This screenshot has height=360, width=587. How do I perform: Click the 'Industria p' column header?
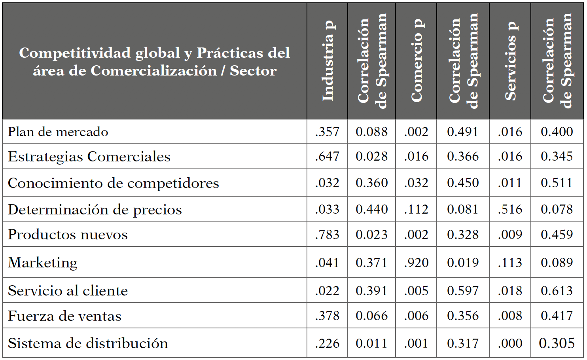(x=328, y=61)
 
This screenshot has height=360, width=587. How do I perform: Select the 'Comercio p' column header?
(x=417, y=61)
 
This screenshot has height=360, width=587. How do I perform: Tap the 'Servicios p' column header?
(x=510, y=61)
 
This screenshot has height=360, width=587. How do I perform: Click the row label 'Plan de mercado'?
(x=58, y=132)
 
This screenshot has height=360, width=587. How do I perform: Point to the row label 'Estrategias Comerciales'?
(x=89, y=157)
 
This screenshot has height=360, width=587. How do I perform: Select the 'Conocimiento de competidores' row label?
(x=113, y=183)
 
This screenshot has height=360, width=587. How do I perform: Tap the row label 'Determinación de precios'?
(x=95, y=210)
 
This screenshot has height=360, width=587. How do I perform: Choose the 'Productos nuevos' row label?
(x=68, y=235)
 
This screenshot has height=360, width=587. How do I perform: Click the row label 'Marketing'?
(x=43, y=263)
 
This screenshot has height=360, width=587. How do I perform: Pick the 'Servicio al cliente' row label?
(x=68, y=291)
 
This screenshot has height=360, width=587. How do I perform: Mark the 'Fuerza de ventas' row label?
(x=64, y=316)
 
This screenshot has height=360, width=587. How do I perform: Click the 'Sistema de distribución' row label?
(x=88, y=343)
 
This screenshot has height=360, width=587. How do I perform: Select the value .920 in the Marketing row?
(x=416, y=263)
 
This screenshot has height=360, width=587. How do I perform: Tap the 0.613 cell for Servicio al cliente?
(x=557, y=291)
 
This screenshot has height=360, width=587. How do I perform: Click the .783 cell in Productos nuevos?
(x=327, y=235)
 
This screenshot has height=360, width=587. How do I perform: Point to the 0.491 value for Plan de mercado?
(x=463, y=132)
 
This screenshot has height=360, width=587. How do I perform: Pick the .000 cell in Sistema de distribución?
(x=510, y=343)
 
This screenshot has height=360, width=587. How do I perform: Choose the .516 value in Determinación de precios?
(x=510, y=210)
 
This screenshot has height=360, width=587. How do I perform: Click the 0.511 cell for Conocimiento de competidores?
(x=557, y=183)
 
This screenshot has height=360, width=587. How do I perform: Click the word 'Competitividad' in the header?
(x=75, y=53)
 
